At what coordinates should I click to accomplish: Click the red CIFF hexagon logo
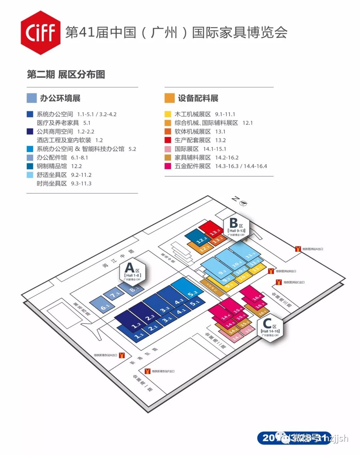point(40,33)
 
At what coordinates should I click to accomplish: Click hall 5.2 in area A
point(188,289)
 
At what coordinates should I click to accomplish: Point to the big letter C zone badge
point(270,326)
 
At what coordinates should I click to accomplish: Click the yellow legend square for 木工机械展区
point(168,114)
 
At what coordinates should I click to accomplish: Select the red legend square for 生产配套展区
point(168,140)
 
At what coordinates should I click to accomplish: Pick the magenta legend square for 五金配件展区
point(168,166)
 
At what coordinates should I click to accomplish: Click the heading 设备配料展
point(198,98)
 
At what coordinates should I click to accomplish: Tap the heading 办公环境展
point(60,98)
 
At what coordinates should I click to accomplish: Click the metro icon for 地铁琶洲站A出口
point(298,249)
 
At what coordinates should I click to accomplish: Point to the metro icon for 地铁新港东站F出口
point(147,371)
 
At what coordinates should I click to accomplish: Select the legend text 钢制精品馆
point(52,166)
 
